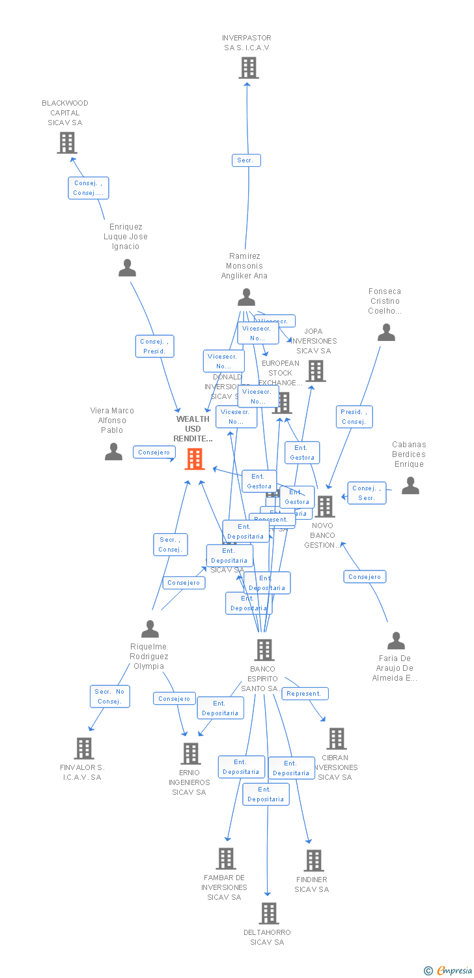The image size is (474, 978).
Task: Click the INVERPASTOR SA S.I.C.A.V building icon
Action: coord(248,68)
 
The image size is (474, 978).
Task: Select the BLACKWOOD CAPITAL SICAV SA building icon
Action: coord(66,143)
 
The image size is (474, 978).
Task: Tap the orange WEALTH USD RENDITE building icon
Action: coord(195,459)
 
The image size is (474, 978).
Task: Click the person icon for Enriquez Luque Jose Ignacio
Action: coord(127,268)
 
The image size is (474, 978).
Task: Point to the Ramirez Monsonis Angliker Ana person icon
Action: coord(246,297)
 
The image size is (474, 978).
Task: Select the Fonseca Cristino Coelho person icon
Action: coord(386,333)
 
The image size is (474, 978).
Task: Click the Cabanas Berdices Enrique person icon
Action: coord(410,486)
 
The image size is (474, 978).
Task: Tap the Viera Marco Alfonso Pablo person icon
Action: coord(113,452)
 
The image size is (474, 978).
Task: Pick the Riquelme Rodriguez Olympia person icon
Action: coord(150,629)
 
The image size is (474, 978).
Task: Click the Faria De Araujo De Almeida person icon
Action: coord(396,641)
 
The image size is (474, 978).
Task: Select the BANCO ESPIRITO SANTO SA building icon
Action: coord(264,650)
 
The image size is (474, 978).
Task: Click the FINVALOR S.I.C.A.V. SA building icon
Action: coord(84,748)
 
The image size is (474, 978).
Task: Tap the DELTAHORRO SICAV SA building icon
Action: coord(268,913)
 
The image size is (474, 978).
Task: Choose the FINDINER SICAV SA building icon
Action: coord(314,861)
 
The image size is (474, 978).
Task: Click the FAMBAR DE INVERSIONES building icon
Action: coord(226,859)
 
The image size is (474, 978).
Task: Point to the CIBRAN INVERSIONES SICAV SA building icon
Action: coord(336,739)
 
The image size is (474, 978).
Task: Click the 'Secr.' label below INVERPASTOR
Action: coord(246,160)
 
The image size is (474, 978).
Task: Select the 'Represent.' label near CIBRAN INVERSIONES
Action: coord(305,694)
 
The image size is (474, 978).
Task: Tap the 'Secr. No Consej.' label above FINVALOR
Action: coord(110,696)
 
